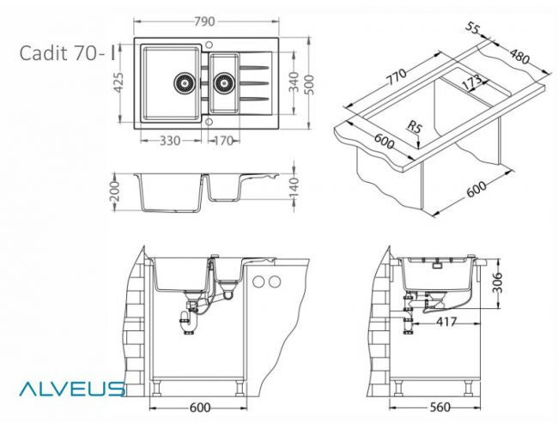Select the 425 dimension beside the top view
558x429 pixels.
click(x=120, y=84)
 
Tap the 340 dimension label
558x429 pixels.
click(x=294, y=84)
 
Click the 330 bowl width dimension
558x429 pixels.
click(x=169, y=141)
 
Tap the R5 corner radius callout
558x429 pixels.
click(x=415, y=128)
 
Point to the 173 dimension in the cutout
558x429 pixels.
click(x=470, y=83)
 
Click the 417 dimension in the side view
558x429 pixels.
click(x=444, y=323)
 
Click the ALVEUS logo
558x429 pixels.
click(x=72, y=388)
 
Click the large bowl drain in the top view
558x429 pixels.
click(x=183, y=82)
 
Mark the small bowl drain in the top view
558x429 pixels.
click(x=225, y=82)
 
